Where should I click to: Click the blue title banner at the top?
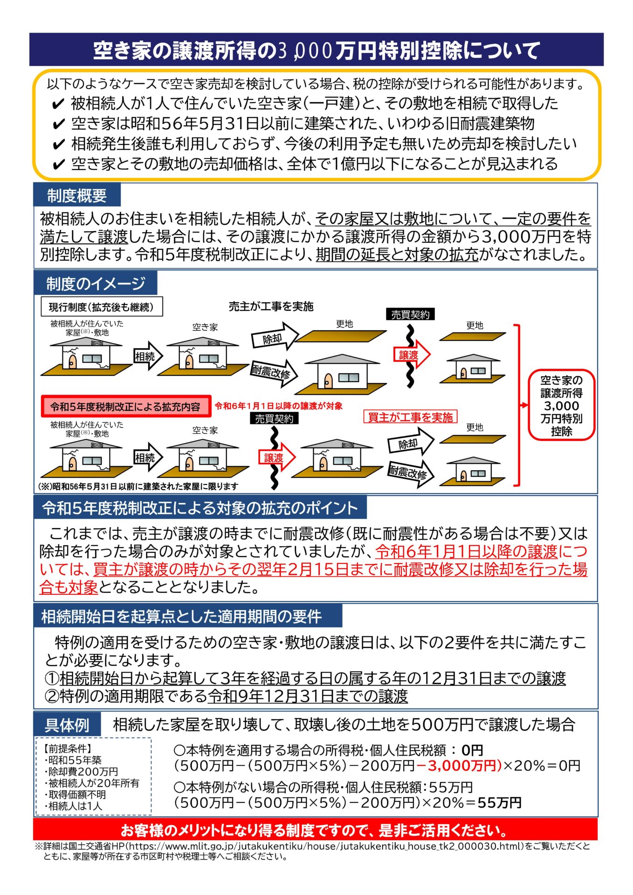coord(316,50)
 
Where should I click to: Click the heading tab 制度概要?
coord(77,195)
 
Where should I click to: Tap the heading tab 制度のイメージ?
coord(96,283)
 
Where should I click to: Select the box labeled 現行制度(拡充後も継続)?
coord(102,307)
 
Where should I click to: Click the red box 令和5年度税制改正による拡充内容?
coord(125,406)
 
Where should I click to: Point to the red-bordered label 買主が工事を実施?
coord(410,417)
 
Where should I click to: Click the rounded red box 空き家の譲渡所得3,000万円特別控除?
coord(561,405)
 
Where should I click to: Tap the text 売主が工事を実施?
coord(271,306)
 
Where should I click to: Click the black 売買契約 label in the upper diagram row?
coord(410,315)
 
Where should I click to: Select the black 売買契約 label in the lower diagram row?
coord(274,419)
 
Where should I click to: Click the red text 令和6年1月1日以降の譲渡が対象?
coord(278,406)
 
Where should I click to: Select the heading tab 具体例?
coord(67,725)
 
